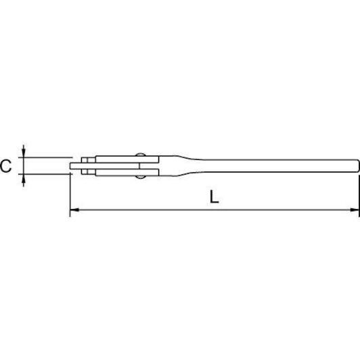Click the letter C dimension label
click(5, 166)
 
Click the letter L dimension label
click(215, 197)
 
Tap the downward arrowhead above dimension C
click(24, 153)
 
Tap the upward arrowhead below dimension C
click(24, 179)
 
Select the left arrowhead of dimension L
click(74, 210)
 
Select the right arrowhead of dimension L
click(355, 210)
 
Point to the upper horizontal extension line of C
click(45, 158)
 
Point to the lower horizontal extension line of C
click(45, 174)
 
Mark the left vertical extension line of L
click(70, 195)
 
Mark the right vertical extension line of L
click(359, 196)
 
